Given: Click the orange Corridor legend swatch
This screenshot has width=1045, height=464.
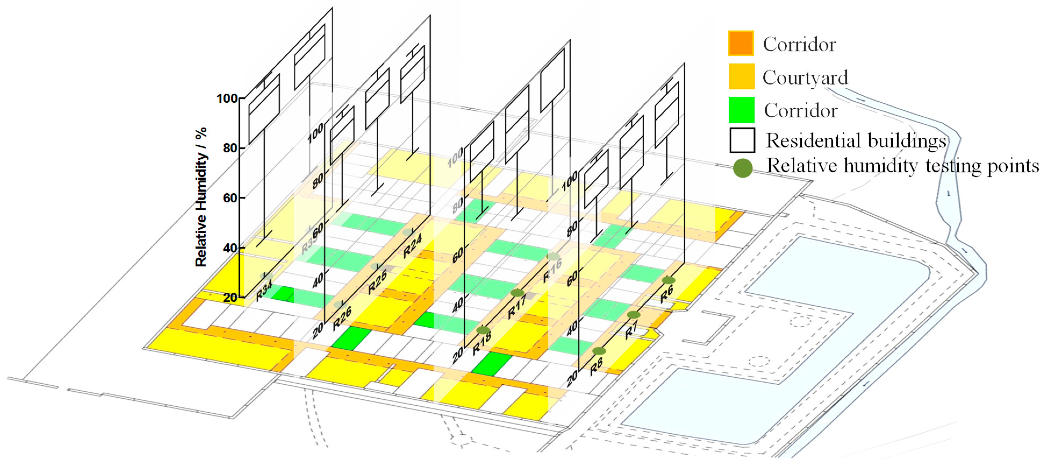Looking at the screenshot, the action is pos(741,43).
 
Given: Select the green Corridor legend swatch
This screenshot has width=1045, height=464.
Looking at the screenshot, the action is pos(741,109).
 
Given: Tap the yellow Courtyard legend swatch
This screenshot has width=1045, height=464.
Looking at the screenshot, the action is pos(741,76).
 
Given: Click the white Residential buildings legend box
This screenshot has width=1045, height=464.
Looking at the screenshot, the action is pos(742,140).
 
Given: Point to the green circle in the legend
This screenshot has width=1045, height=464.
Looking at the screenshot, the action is pos(743,168).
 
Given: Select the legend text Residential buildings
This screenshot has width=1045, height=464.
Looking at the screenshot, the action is pos(856,141).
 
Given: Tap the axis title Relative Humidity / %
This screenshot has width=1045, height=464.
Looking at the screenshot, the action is pos(201,197).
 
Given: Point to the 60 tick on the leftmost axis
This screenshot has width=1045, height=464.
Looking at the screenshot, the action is pos(230,198).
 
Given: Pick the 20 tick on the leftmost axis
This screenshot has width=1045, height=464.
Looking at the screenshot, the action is pos(230,297).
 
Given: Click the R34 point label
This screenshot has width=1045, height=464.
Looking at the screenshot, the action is pos(264,291).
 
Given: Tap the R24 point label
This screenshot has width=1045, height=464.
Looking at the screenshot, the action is pos(412,246).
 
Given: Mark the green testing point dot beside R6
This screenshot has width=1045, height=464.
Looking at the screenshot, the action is pos(669,280).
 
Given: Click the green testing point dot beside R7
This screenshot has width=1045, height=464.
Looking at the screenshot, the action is pos(633,315).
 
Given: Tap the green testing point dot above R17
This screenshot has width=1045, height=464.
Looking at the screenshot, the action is pos(517,293).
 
